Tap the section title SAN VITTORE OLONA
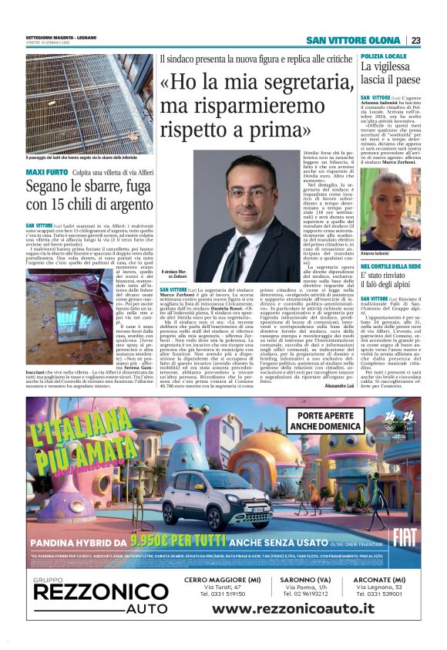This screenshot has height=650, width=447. click(x=352, y=40)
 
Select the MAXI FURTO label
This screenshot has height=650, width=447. click(x=45, y=171)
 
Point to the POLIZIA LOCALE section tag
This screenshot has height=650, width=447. click(x=384, y=58)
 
